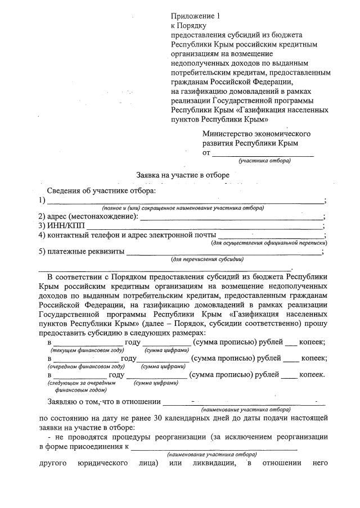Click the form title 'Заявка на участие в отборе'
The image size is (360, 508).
click(x=183, y=175)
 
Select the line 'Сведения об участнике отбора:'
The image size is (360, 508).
click(x=100, y=191)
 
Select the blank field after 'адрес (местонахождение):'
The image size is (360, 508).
click(x=231, y=216)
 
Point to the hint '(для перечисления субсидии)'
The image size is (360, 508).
click(x=208, y=260)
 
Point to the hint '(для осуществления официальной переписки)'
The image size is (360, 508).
click(x=269, y=243)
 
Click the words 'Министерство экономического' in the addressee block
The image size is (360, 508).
click(x=256, y=134)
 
